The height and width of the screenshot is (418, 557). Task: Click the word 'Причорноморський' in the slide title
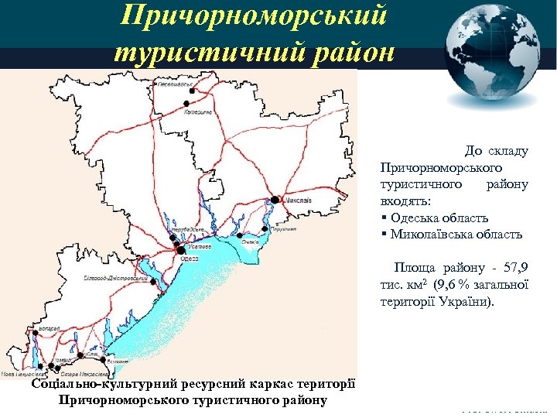(258, 17)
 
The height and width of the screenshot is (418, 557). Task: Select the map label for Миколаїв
(298, 200)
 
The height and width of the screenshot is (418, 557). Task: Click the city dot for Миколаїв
(275, 200)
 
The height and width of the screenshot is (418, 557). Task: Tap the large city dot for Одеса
(180, 250)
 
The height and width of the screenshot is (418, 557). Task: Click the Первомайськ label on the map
(173, 84)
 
